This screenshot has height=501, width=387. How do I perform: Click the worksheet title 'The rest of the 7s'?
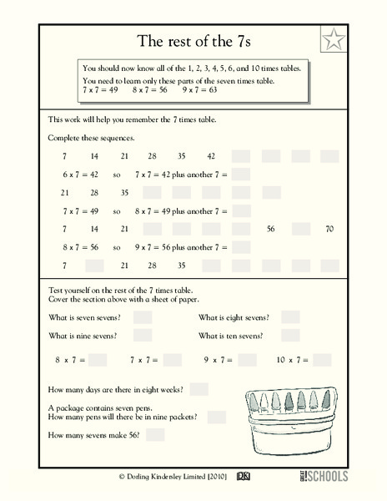[193, 40]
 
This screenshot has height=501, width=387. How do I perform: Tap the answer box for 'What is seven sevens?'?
[143, 316]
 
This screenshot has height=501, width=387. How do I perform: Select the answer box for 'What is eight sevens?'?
[290, 316]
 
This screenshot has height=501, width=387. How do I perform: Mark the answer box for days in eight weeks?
[199, 388]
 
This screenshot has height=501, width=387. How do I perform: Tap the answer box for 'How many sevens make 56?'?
[155, 435]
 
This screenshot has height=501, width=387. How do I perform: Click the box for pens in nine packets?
[216, 416]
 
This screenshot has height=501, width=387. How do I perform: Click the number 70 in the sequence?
[329, 228]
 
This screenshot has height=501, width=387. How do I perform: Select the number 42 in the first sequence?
[211, 156]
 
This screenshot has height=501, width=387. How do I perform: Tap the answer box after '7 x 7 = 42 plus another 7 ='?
[240, 175]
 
